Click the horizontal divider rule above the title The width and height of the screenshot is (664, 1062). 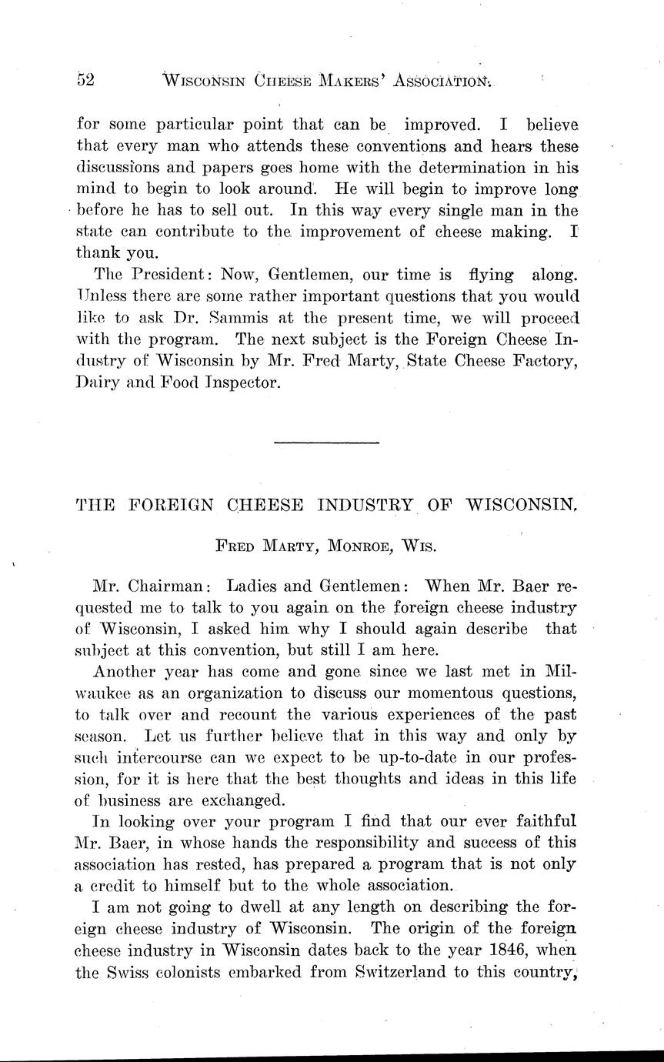(x=326, y=442)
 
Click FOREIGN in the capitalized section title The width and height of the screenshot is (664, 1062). (x=170, y=506)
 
